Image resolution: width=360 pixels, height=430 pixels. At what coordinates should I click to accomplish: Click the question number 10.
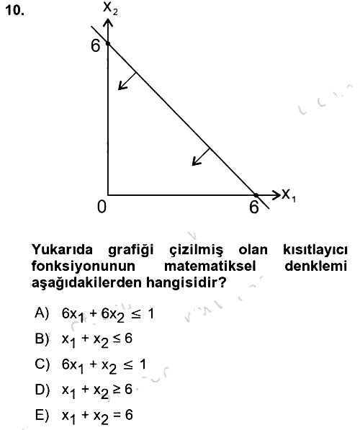pos(15,11)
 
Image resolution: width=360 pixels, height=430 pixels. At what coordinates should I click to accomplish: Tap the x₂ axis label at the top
pos(110,8)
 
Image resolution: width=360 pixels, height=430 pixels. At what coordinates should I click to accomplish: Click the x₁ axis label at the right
pos(289,195)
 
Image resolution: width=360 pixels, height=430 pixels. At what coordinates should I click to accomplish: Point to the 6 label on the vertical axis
pos(96,45)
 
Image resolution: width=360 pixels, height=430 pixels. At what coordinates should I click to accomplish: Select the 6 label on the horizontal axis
pos(254,207)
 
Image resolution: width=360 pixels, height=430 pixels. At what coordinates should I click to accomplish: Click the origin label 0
pos(102,207)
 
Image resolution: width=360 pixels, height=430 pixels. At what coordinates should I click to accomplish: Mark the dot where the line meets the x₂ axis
pos(108,43)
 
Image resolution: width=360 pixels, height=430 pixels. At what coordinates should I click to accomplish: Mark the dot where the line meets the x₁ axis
pos(256,195)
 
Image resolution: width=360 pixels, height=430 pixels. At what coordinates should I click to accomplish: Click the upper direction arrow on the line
pos(127,81)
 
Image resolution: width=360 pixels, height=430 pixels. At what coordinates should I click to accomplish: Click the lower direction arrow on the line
pos(201,157)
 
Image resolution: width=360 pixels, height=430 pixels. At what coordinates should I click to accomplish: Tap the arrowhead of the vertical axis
pos(108,22)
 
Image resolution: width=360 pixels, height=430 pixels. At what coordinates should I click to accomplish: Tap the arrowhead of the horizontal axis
pos(275,195)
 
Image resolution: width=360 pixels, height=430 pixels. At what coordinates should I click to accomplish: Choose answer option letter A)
pos(42,313)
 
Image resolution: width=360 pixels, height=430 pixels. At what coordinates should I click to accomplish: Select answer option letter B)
pos(42,339)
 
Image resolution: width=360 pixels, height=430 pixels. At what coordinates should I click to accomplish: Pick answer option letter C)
pos(42,364)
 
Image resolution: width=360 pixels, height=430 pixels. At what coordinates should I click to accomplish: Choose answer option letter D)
pos(42,390)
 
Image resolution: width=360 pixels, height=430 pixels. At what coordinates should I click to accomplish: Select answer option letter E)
pos(42,415)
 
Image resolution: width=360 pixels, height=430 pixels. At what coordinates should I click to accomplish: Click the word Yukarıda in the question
pos(63,249)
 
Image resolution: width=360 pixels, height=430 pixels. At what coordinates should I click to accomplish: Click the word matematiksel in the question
pos(210,266)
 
